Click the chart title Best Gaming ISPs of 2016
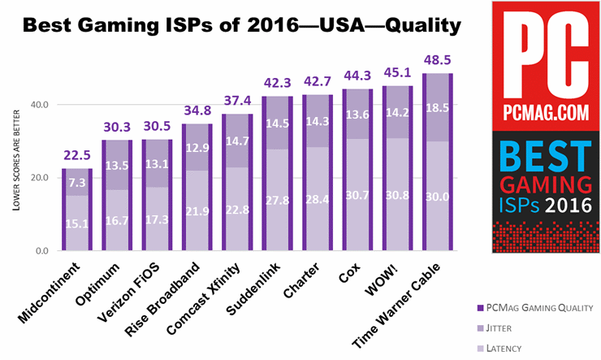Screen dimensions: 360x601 [241, 26]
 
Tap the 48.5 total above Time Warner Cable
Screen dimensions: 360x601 [438, 62]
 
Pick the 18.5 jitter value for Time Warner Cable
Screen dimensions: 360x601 [438, 107]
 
